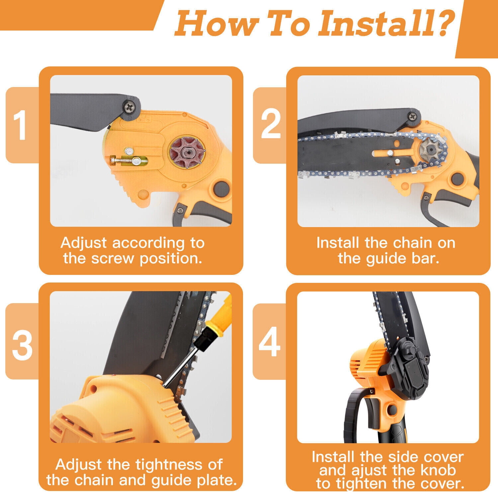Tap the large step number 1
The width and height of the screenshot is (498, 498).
pyautogui.click(x=21, y=125)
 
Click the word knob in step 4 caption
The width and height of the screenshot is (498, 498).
pyautogui.click(x=439, y=470)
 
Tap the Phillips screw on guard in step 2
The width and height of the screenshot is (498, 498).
pyautogui.click(x=413, y=116)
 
